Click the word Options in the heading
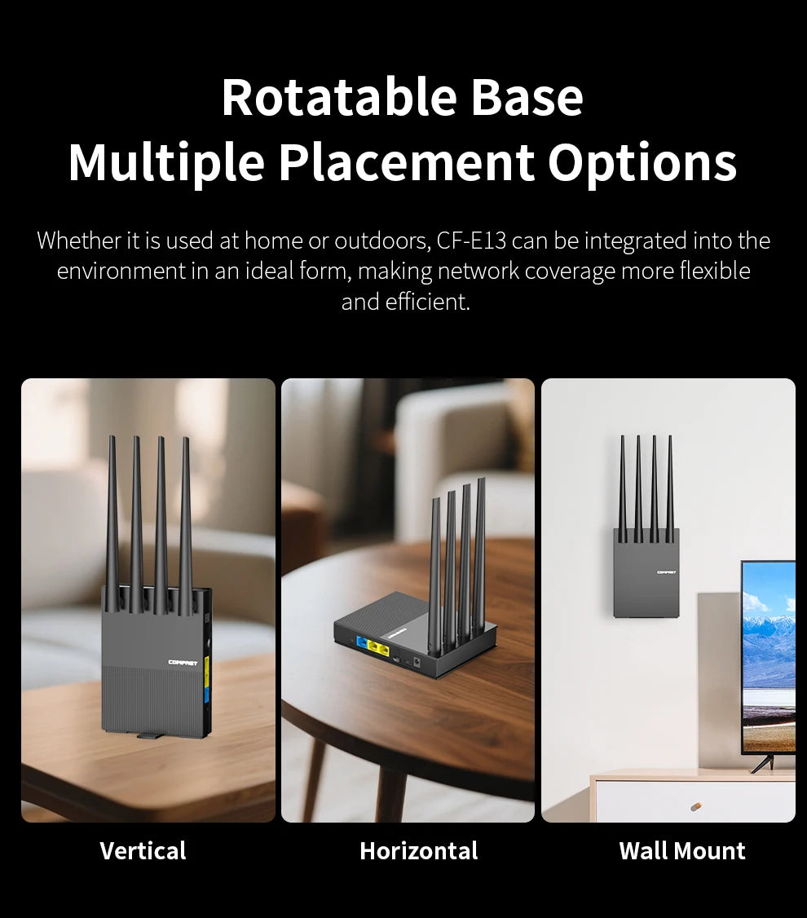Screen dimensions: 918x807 (x=642, y=162)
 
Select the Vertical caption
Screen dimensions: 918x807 (x=143, y=851)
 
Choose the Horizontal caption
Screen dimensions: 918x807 (x=418, y=851)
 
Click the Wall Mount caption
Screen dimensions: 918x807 (x=681, y=851)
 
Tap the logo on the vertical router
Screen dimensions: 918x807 (x=183, y=662)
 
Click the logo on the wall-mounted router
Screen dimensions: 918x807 (x=666, y=572)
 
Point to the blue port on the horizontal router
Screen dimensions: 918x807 (x=360, y=642)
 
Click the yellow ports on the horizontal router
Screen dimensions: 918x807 (x=379, y=648)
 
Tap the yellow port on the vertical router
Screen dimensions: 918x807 (x=207, y=672)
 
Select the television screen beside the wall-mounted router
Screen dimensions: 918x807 (x=770, y=652)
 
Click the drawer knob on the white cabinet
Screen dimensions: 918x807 (x=695, y=806)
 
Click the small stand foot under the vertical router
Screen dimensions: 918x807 (x=148, y=736)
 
